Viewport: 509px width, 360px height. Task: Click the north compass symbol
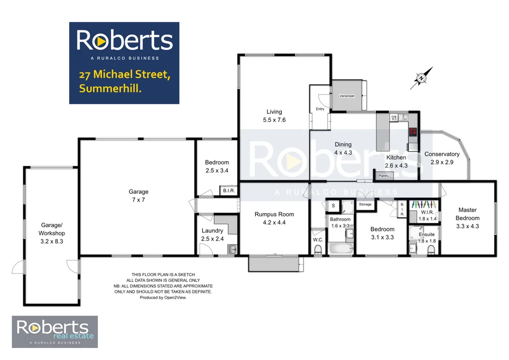click(x=421, y=78)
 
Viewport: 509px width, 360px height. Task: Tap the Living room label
click(x=274, y=112)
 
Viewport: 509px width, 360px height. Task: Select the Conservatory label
click(x=441, y=154)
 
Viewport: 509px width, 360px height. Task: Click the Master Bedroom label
click(x=468, y=214)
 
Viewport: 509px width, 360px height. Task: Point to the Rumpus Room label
click(x=274, y=214)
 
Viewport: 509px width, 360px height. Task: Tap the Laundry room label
click(x=212, y=230)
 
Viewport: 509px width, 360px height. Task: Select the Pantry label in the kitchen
click(x=384, y=176)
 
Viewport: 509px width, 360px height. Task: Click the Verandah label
click(x=347, y=95)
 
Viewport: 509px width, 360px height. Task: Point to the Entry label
click(x=320, y=109)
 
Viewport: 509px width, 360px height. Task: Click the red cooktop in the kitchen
click(x=413, y=132)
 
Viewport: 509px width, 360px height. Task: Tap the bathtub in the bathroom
click(x=339, y=248)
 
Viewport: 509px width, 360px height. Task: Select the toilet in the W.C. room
click(x=318, y=251)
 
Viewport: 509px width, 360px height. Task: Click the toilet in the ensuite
click(x=430, y=250)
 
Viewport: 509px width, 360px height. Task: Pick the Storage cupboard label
click(x=365, y=204)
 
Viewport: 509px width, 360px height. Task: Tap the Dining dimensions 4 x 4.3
click(x=343, y=153)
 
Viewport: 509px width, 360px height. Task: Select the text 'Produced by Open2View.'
click(x=163, y=297)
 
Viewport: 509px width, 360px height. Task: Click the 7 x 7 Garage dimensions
click(x=139, y=199)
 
